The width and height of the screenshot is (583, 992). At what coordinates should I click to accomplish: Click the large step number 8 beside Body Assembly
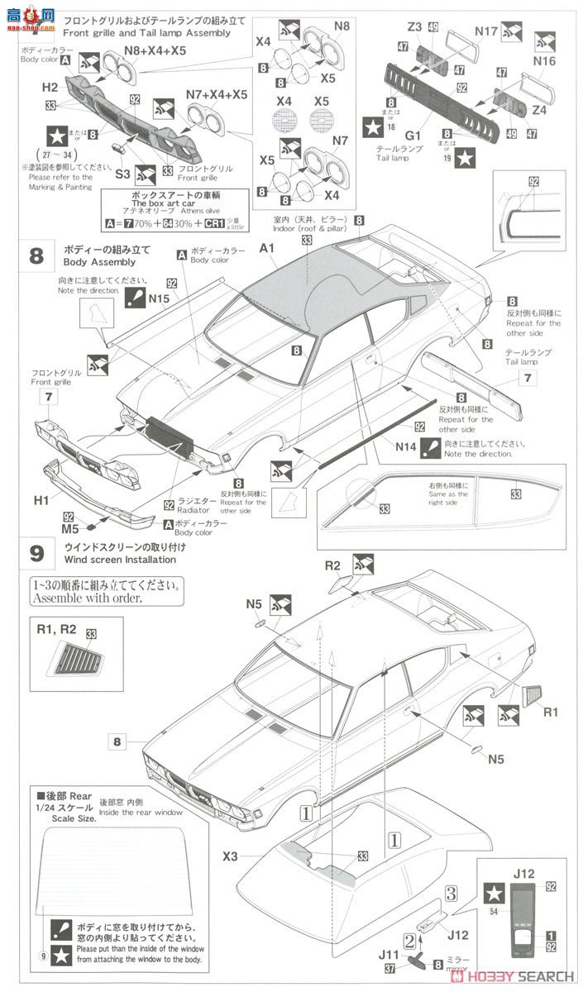[x=36, y=255]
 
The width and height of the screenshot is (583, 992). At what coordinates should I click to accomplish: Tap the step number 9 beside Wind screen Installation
[x=36, y=552]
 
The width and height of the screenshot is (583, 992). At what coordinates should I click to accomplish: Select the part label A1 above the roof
[x=267, y=248]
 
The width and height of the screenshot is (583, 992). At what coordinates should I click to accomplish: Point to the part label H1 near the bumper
[x=41, y=500]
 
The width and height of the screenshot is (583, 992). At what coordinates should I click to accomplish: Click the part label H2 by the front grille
[x=50, y=88]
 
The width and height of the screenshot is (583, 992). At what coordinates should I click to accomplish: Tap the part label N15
[x=160, y=298]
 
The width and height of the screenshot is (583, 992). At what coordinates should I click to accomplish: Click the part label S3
[x=122, y=174]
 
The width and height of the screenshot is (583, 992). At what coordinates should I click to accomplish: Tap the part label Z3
[x=415, y=28]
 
